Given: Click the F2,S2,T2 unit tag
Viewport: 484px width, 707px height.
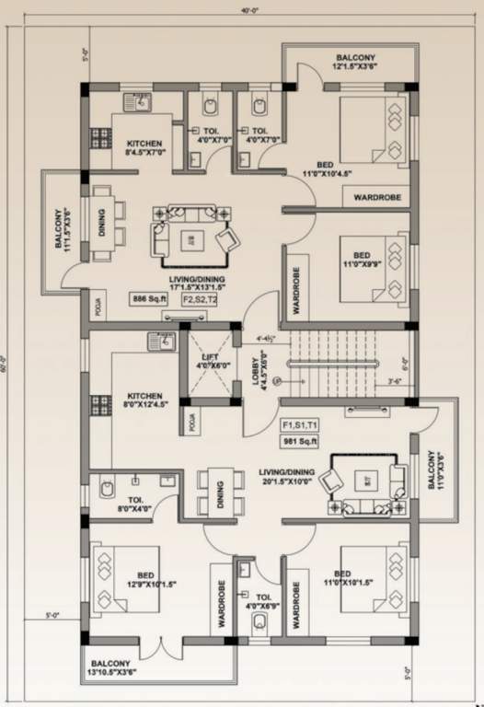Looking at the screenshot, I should (200, 299).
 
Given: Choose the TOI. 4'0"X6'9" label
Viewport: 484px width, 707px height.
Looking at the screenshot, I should (264, 574).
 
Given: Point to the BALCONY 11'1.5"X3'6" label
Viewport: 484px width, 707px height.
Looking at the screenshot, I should (62, 229).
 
